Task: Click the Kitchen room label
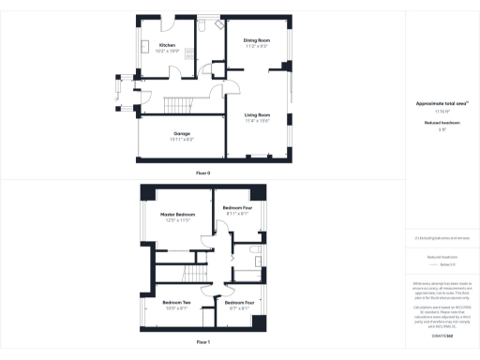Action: [168, 45]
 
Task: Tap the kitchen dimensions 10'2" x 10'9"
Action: [168, 51]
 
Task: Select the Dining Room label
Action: [257, 40]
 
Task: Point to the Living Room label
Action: [257, 115]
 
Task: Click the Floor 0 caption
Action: [202, 173]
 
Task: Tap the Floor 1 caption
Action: [202, 342]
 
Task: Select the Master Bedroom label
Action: [176, 215]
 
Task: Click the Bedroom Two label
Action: [176, 302]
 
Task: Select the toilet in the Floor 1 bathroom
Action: [254, 250]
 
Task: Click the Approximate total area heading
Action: [441, 102]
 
